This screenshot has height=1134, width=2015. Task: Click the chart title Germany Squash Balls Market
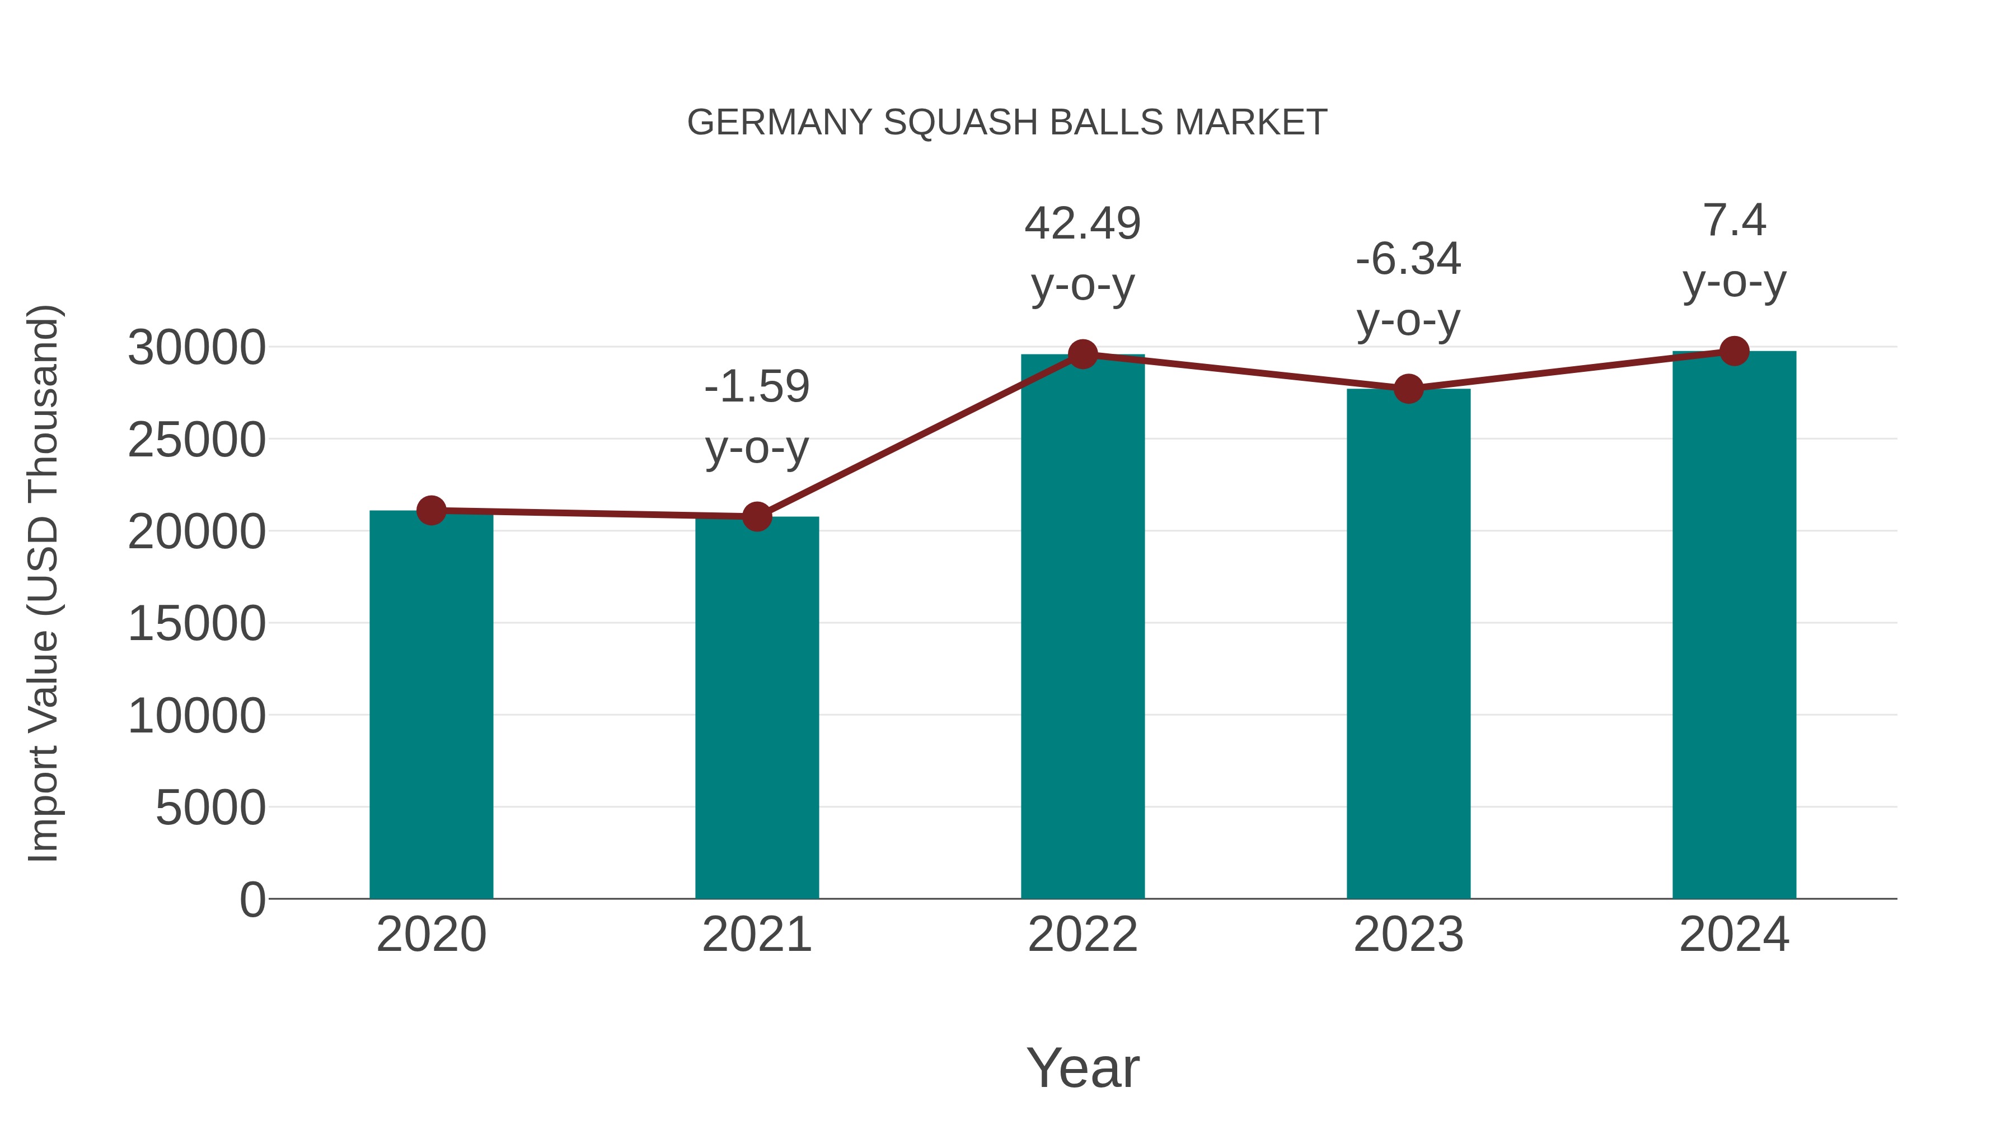(1007, 123)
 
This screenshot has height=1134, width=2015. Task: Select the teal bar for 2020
(431, 704)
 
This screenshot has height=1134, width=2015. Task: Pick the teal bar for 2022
(1083, 626)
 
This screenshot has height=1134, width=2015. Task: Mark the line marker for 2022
(1083, 354)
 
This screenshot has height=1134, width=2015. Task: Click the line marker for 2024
(1734, 351)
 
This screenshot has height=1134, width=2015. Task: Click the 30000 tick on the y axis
(196, 347)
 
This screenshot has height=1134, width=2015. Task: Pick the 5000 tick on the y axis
(210, 808)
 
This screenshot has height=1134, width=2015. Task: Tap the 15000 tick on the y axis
(196, 624)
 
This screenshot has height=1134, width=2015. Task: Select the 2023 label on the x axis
(1408, 935)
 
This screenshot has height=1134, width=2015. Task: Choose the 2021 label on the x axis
(756, 935)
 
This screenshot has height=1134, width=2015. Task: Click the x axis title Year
(1083, 1067)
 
